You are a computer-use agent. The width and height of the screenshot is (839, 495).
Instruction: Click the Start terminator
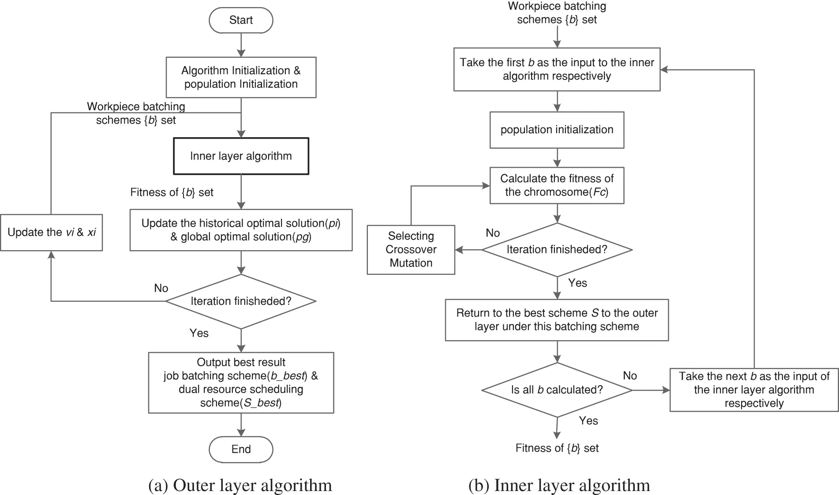click(241, 20)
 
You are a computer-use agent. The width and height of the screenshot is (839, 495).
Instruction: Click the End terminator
click(241, 449)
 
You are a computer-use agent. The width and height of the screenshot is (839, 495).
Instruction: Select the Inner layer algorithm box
click(241, 156)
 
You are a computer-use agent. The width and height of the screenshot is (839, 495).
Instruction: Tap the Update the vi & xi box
click(51, 232)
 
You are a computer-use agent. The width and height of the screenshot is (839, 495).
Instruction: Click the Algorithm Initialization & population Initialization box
click(241, 77)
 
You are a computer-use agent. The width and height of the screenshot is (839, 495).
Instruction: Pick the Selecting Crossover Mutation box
click(411, 250)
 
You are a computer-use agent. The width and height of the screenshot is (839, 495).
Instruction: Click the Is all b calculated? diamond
click(557, 390)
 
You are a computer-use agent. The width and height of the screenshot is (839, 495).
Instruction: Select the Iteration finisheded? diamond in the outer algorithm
click(241, 301)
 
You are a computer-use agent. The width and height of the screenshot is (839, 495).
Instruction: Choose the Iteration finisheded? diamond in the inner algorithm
click(557, 250)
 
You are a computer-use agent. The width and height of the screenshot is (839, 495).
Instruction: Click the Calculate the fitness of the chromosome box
click(557, 185)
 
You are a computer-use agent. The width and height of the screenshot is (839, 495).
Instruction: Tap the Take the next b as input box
click(753, 390)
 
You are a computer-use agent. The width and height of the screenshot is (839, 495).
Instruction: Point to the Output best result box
click(241, 382)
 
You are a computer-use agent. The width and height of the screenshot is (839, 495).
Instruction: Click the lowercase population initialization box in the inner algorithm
click(557, 130)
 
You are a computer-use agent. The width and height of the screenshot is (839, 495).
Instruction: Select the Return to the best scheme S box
click(557, 320)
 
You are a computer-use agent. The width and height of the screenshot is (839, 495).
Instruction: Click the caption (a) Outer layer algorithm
click(240, 485)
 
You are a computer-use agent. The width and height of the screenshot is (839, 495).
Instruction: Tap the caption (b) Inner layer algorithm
click(559, 485)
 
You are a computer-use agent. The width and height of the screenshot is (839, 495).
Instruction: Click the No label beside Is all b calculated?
click(629, 375)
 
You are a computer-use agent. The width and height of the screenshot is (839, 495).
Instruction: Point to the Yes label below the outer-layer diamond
click(199, 333)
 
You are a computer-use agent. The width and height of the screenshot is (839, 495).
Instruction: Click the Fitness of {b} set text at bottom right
click(557, 448)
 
